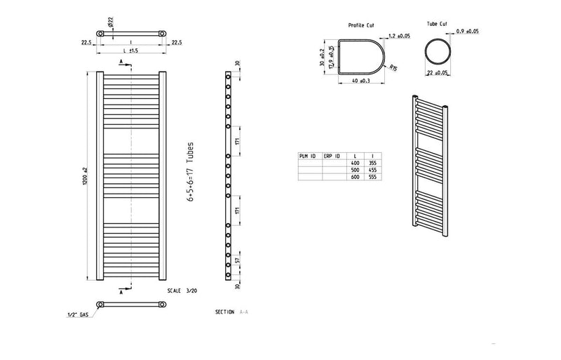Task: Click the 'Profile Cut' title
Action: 361,25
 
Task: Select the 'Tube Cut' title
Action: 437,24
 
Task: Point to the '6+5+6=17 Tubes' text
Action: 191,172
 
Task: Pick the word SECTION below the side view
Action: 225,311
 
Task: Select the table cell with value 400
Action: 356,163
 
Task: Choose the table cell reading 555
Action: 373,177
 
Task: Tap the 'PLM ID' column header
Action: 308,156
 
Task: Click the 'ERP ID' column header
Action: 332,156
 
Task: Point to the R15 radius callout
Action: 395,67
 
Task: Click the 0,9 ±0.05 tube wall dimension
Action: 467,32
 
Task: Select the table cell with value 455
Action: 373,170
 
